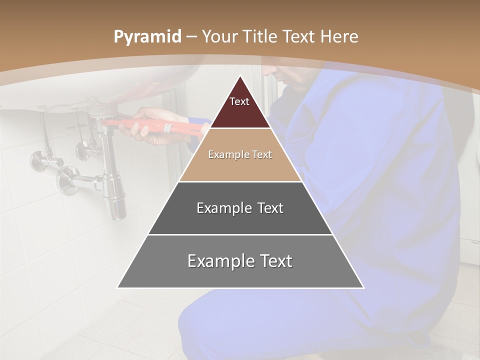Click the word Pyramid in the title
tap(147, 37)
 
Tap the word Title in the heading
tap(260, 37)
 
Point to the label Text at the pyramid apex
tap(239, 101)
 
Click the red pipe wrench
tap(150, 125)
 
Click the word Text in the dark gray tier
tap(268, 208)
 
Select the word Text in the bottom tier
tap(275, 261)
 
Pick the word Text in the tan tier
tap(262, 154)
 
